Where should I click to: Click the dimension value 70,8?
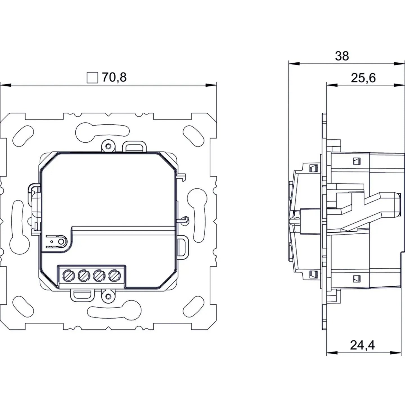114,77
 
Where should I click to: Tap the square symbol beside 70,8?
92,78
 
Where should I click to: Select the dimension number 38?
342,56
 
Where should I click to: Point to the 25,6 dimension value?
363,78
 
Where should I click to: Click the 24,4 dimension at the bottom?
362,345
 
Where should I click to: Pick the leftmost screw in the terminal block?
68,276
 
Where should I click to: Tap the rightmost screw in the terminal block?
113,276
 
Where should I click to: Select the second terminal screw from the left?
83,276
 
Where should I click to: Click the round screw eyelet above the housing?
108,146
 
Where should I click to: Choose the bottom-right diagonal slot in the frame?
194,306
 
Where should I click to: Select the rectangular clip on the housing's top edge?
135,147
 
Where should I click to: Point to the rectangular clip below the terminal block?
81,294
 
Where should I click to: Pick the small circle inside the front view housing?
60,242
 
